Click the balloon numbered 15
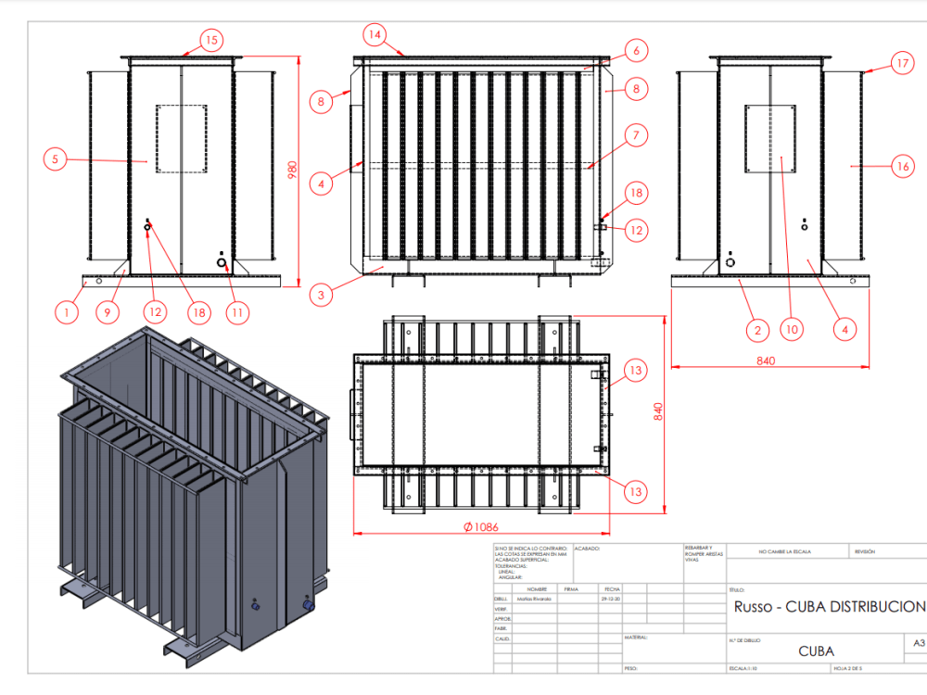click(x=212, y=40)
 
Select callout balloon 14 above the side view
click(x=375, y=35)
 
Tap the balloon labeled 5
click(x=55, y=159)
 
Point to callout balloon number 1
click(x=66, y=312)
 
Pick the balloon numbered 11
click(x=237, y=312)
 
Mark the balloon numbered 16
click(x=902, y=167)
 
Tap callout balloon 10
click(x=791, y=328)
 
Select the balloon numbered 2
click(x=757, y=328)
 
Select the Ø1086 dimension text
click(x=480, y=527)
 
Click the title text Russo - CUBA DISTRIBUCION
click(x=829, y=607)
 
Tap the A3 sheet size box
click(x=919, y=642)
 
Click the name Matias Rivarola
click(x=532, y=600)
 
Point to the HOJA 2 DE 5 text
click(x=848, y=667)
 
